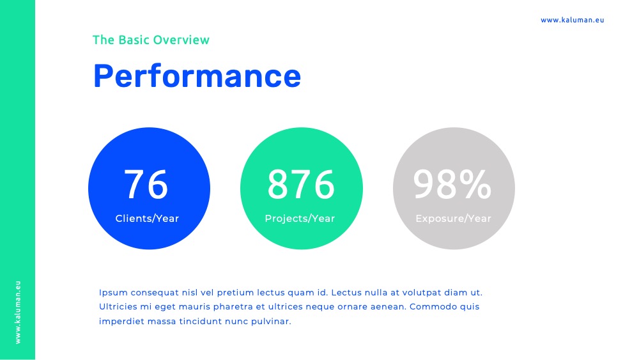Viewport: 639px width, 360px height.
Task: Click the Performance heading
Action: click(x=197, y=76)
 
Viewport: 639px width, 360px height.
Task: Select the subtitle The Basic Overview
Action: click(x=151, y=40)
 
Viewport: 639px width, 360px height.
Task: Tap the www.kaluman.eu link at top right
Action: click(x=572, y=20)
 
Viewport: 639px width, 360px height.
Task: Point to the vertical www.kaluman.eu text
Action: click(x=18, y=312)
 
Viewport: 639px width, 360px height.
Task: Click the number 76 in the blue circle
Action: click(x=146, y=184)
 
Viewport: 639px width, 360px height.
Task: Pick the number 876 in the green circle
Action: click(x=301, y=184)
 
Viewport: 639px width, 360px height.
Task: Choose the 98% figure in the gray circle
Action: click(x=452, y=184)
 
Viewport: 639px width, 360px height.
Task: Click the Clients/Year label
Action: click(x=147, y=219)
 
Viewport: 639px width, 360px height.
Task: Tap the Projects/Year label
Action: click(x=300, y=219)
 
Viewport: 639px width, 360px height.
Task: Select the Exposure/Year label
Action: click(x=453, y=219)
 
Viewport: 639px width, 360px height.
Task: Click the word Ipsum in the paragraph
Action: click(x=113, y=293)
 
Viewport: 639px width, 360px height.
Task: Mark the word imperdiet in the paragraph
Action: click(x=121, y=321)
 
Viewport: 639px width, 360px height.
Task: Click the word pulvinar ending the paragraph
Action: click(x=271, y=321)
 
